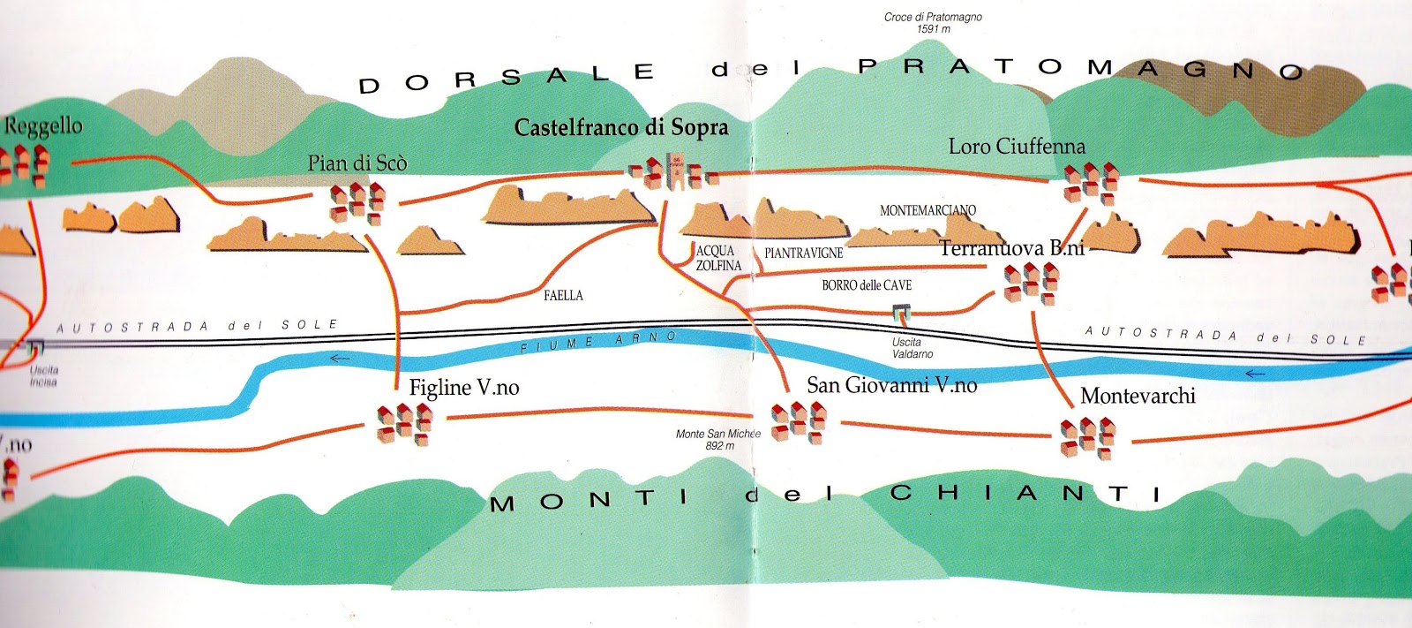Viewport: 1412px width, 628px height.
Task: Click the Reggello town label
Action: [43, 126]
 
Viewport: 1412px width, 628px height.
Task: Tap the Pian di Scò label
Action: [357, 163]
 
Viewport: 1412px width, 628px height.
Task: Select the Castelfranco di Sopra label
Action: [621, 128]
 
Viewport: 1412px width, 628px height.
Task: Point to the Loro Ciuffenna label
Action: [1017, 147]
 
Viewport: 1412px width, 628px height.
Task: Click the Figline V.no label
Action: [464, 388]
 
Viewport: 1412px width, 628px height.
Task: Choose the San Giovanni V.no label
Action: [891, 385]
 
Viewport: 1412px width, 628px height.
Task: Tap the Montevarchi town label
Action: [1138, 396]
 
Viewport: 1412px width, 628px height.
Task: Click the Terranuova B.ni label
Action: [1011, 249]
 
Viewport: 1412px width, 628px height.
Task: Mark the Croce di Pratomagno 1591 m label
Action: [933, 23]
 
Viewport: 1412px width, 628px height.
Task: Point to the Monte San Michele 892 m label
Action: [718, 439]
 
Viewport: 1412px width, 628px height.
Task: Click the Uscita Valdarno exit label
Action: [912, 348]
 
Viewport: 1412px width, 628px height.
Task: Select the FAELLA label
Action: [563, 296]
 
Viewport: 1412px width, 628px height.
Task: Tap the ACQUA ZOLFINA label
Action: [718, 258]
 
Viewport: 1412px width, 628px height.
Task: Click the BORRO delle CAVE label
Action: [867, 285]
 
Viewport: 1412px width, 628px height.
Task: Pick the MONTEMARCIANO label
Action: [928, 210]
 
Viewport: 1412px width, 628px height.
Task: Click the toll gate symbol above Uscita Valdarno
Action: [901, 312]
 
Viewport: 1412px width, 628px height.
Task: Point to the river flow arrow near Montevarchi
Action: [1254, 374]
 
